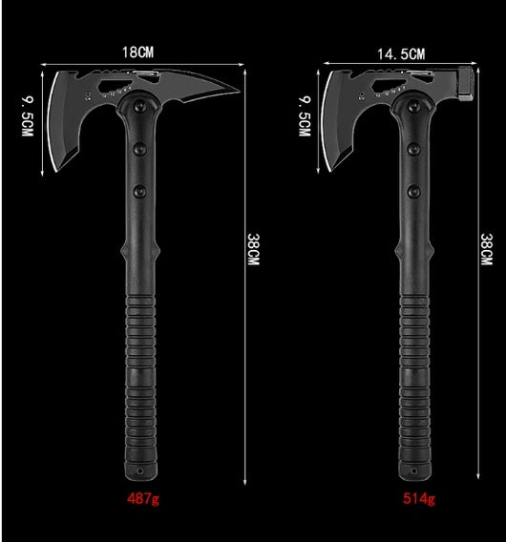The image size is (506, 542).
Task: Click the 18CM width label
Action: click(137, 52)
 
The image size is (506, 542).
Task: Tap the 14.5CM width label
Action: click(401, 54)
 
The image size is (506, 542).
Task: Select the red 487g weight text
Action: click(143, 499)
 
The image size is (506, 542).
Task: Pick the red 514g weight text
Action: click(419, 499)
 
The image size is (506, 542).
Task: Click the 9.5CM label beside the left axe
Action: click(28, 116)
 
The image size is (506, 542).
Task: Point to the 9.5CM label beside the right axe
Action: click(305, 116)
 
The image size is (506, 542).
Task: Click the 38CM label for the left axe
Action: click(254, 250)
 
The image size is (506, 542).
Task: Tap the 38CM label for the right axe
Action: click(487, 250)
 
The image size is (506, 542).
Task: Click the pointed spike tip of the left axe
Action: click(239, 92)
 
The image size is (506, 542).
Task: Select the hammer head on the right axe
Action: click(466, 83)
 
